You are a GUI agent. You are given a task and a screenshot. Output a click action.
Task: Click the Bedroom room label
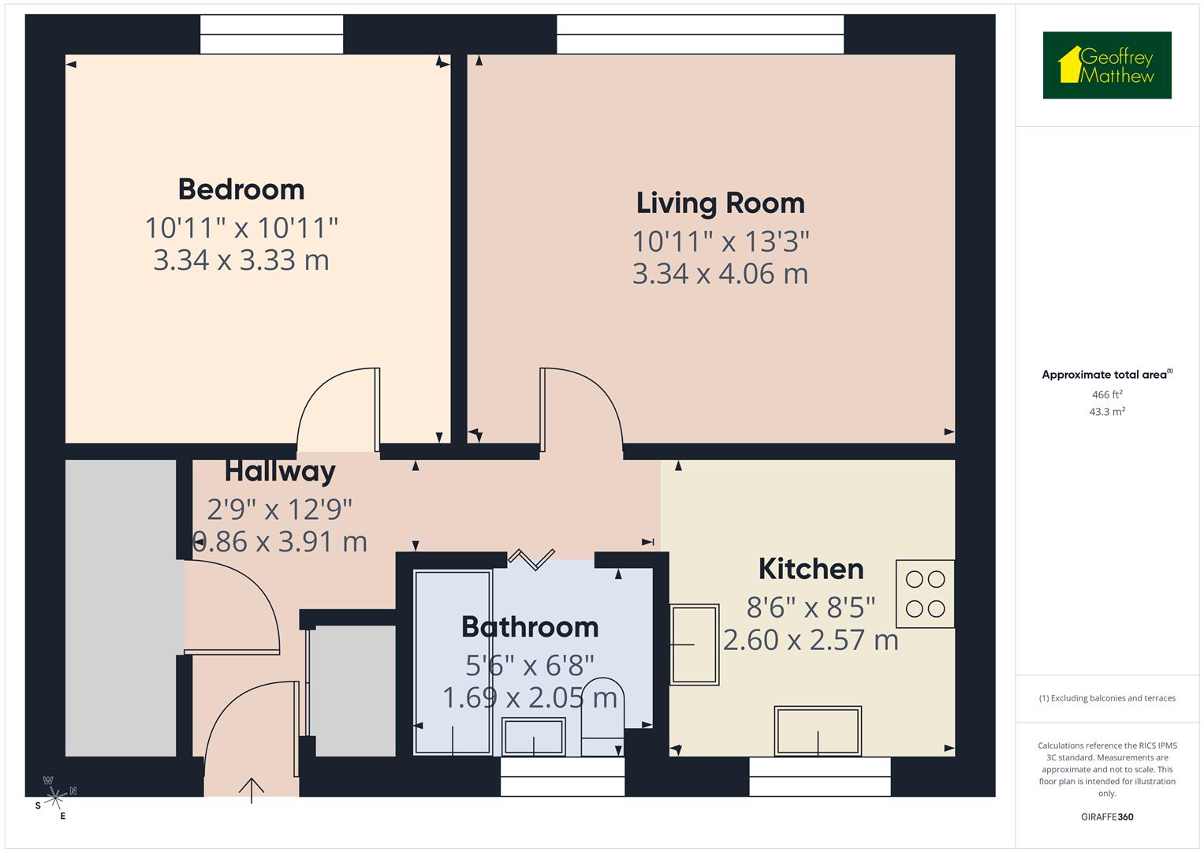tap(240, 189)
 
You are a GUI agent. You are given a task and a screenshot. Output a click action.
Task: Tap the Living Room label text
tap(720, 203)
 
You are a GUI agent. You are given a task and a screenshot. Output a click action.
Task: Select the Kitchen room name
tap(811, 569)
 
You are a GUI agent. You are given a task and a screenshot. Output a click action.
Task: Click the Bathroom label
tap(530, 627)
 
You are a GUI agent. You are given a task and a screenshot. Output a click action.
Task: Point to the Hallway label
tap(280, 472)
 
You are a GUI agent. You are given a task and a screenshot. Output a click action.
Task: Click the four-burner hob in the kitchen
tap(925, 594)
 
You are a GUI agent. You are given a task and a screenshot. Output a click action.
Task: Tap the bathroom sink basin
tap(534, 737)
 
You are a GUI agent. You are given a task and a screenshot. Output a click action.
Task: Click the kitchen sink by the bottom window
tap(818, 731)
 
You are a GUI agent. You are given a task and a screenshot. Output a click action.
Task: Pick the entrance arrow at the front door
tap(252, 790)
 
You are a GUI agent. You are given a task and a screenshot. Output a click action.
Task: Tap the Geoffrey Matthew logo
tap(1106, 65)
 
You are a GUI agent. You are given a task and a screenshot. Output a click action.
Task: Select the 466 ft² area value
tap(1106, 394)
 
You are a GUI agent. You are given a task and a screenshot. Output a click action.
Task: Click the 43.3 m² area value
tap(1106, 412)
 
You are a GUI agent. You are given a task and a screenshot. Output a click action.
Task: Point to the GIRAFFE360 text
tap(1106, 817)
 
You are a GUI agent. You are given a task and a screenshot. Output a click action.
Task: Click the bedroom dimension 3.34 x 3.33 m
tap(240, 260)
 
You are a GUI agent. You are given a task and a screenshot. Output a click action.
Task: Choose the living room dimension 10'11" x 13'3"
tap(720, 241)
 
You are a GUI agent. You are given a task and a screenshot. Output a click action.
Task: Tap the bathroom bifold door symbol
tap(531, 559)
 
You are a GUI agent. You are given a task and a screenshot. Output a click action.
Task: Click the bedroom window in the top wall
tap(271, 35)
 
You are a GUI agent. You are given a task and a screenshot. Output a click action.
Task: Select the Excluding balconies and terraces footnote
tap(1106, 698)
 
